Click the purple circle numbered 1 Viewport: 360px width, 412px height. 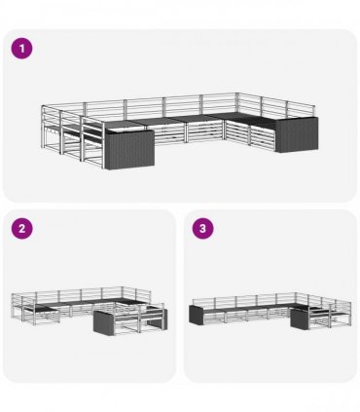pyautogui.click(x=22, y=49)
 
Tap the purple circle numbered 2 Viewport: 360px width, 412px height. pyautogui.click(x=22, y=228)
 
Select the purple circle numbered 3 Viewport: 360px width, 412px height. pyautogui.click(x=202, y=228)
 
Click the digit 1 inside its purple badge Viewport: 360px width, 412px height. pyautogui.click(x=22, y=49)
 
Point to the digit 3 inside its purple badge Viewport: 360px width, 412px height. pyautogui.click(x=202, y=228)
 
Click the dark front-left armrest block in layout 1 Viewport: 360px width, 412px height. pyautogui.click(x=129, y=149)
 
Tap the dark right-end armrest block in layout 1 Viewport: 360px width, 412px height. pyautogui.click(x=297, y=134)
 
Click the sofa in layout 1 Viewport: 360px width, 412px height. pyautogui.click(x=180, y=131)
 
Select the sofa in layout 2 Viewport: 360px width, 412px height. pyautogui.click(x=90, y=310)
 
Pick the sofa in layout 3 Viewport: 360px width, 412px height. pyautogui.click(x=270, y=311)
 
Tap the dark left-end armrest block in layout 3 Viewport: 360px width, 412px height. pyautogui.click(x=196, y=315)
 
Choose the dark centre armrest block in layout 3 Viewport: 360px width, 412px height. pyautogui.click(x=300, y=319)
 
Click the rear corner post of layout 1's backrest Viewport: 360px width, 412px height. pyautogui.click(x=237, y=103)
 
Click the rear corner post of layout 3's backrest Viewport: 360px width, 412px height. pyautogui.click(x=296, y=298)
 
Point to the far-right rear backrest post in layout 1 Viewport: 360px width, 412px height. pyautogui.click(x=313, y=111)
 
